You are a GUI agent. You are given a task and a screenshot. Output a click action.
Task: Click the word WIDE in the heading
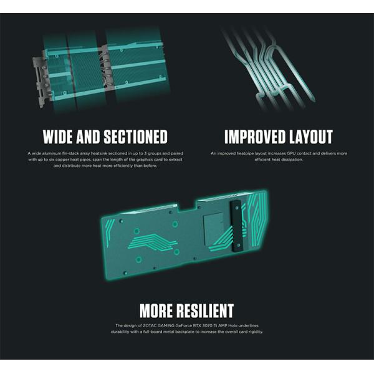tap(58, 137)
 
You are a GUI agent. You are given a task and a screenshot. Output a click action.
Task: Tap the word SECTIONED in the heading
tap(136, 137)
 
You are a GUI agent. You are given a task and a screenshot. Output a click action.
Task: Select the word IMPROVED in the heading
tap(255, 137)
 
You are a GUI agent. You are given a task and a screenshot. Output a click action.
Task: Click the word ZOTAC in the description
tap(150, 325)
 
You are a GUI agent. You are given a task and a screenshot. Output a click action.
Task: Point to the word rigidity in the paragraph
tap(255, 332)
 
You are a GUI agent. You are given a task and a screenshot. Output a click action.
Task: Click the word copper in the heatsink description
tap(62, 160)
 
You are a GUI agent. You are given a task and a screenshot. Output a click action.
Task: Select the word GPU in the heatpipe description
tap(291, 153)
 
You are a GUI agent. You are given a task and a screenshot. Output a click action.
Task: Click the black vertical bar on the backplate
tap(236, 226)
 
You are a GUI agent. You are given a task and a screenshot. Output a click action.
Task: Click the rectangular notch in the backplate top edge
tap(187, 206)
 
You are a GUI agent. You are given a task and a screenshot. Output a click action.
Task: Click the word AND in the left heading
tap(89, 137)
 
